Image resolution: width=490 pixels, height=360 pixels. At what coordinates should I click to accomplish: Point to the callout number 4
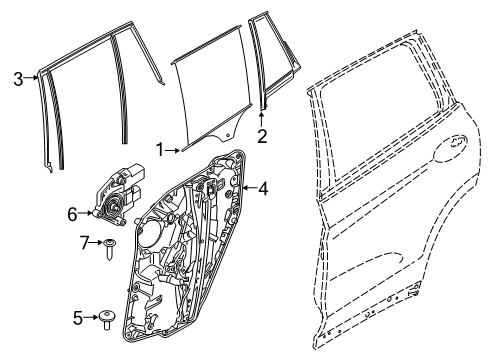point(263,187)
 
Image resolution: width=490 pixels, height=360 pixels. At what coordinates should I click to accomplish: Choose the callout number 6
point(72,212)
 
